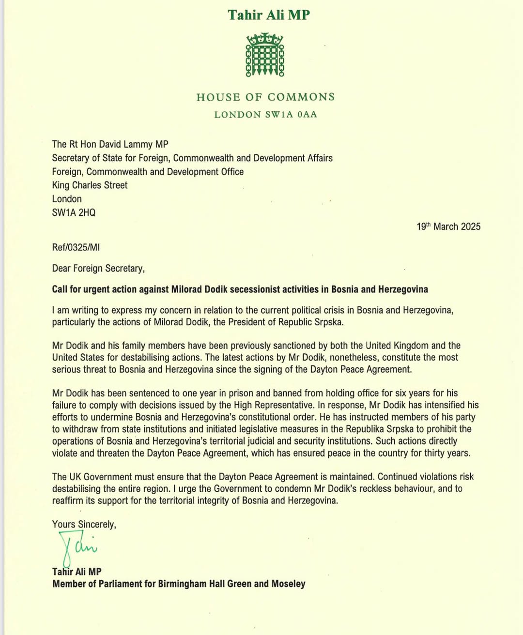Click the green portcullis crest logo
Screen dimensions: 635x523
(x=265, y=55)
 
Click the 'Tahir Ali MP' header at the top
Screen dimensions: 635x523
(x=269, y=15)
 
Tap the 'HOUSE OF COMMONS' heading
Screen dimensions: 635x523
(x=265, y=97)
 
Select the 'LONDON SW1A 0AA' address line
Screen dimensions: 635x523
(x=265, y=115)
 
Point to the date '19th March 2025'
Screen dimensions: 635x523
(x=448, y=227)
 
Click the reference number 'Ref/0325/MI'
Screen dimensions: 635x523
(x=76, y=247)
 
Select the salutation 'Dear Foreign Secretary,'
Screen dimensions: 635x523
(x=98, y=268)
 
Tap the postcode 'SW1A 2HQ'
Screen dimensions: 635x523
(x=74, y=212)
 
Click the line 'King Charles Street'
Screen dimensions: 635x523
(x=90, y=185)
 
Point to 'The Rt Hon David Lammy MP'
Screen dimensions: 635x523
(x=110, y=144)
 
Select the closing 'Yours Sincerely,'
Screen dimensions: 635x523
(x=84, y=524)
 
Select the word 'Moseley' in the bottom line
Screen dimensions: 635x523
(x=288, y=584)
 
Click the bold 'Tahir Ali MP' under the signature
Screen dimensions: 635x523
(x=77, y=572)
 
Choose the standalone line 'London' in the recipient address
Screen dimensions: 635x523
(x=67, y=199)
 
